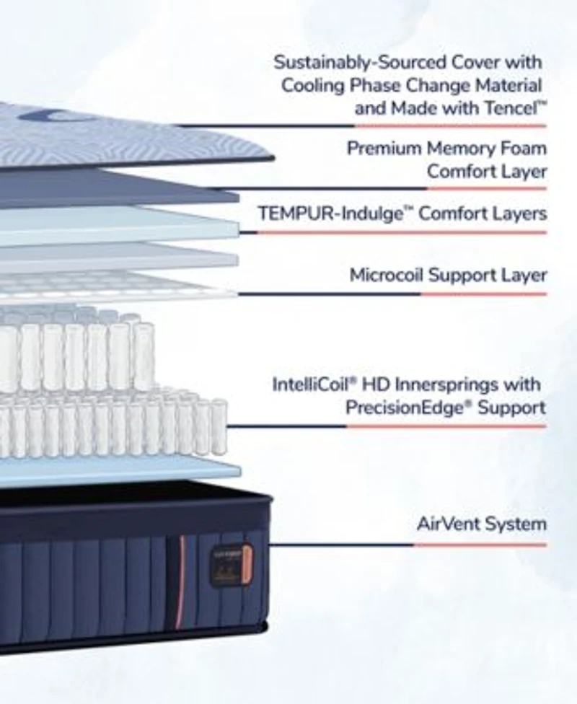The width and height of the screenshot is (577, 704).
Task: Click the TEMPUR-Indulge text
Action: tap(330, 214)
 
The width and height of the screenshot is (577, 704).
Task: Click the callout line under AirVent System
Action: tap(408, 545)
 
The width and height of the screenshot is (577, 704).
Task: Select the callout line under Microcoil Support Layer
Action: tap(392, 294)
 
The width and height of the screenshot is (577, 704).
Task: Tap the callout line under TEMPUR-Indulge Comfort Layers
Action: tap(393, 232)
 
